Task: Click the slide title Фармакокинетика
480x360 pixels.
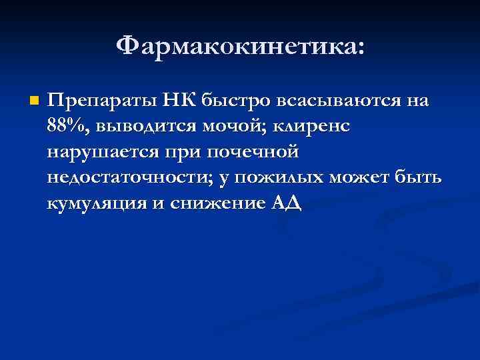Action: [240, 47]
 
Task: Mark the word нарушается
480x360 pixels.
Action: [99, 153]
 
